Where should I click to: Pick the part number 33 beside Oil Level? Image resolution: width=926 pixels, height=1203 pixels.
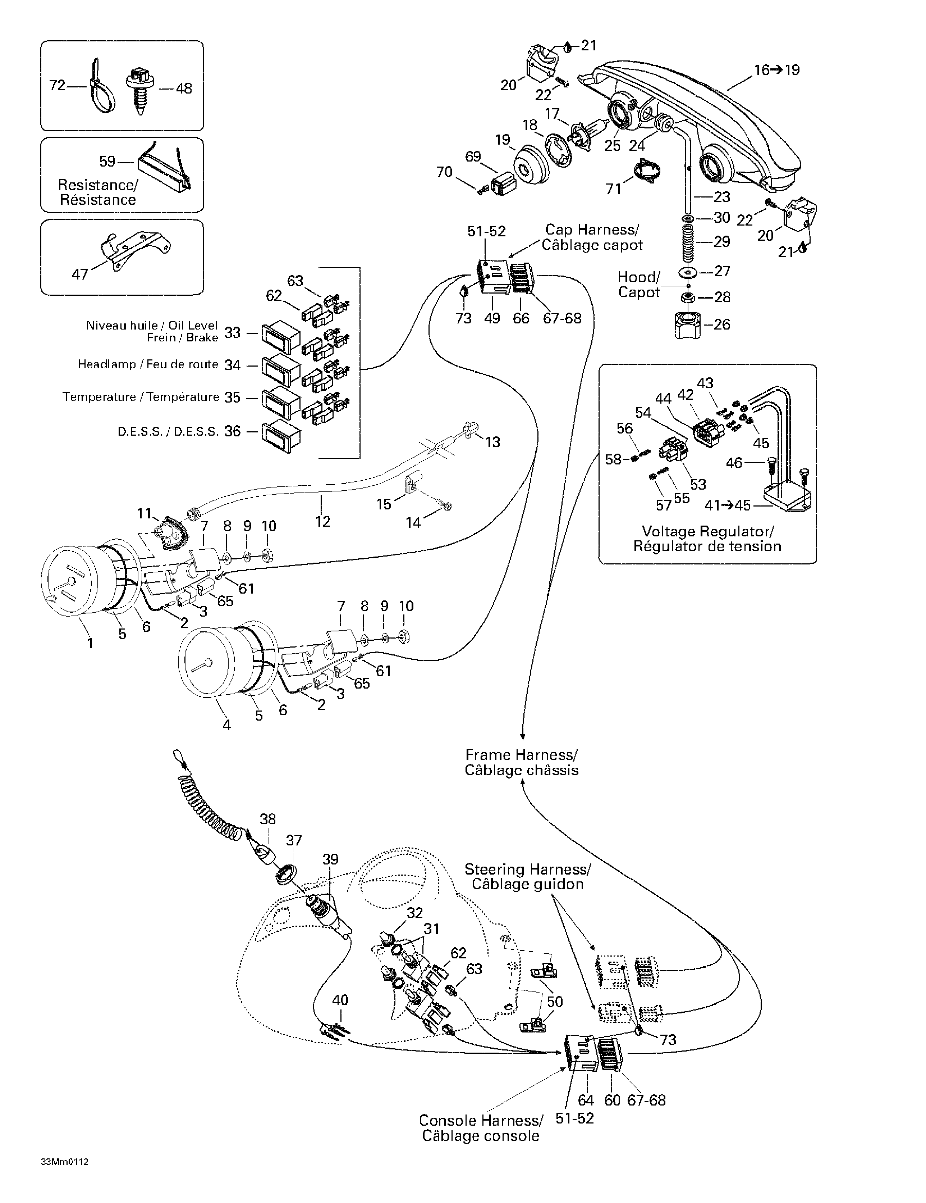tap(233, 333)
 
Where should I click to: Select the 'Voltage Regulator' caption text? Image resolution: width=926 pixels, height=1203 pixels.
tap(707, 539)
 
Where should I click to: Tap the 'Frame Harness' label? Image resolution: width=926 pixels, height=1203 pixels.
tap(521, 762)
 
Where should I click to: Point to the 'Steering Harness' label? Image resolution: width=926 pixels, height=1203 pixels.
tap(527, 876)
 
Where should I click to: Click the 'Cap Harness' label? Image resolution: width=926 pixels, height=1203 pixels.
tap(592, 237)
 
